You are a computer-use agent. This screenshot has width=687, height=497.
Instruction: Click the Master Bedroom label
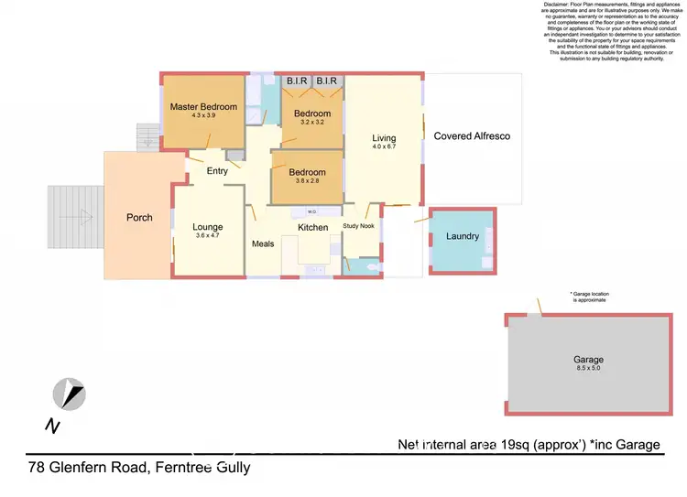(202, 107)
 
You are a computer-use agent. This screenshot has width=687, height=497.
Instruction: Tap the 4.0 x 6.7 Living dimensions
(384, 147)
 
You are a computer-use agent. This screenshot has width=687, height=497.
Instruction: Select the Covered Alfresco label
(471, 136)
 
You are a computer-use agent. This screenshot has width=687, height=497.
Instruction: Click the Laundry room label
(463, 236)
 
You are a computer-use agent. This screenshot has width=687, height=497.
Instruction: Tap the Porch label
(139, 218)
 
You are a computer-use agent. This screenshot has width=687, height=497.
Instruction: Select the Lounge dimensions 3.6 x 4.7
(207, 236)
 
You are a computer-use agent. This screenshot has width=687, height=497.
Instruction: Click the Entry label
(217, 171)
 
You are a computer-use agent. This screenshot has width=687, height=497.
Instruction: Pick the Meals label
(263, 244)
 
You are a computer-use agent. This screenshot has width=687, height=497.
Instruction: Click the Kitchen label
(312, 227)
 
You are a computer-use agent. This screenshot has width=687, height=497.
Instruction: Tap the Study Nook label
(359, 226)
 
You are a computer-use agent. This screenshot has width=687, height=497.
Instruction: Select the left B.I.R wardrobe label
(297, 81)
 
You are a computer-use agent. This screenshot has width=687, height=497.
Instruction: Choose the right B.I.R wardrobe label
(327, 81)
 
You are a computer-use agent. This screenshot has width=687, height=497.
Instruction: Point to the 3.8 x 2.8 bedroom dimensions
(307, 181)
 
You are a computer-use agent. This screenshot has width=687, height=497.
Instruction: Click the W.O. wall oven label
(311, 212)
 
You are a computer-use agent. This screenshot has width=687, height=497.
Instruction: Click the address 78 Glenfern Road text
(137, 468)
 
